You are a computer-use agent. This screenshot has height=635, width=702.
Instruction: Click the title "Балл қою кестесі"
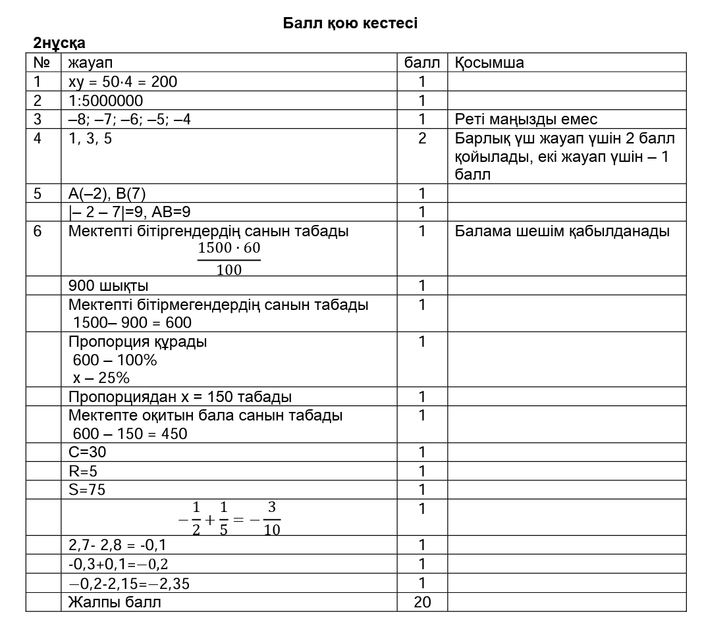[350, 24]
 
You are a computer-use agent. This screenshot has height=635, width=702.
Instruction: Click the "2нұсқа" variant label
[59, 43]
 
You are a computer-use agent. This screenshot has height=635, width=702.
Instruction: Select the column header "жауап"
[91, 63]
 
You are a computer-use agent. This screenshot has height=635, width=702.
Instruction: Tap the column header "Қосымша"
[489, 63]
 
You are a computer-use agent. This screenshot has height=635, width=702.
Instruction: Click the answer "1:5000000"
[105, 101]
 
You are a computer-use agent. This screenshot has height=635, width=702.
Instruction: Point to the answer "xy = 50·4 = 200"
[122, 82]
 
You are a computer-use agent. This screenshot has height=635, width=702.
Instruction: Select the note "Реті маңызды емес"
[526, 119]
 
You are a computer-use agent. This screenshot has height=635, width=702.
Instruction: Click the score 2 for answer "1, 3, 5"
[422, 138]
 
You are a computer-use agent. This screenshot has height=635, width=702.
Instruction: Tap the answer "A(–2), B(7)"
[107, 193]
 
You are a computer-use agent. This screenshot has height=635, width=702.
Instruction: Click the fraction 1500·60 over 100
[229, 259]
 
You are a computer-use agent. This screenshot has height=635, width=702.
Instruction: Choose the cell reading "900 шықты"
[108, 286]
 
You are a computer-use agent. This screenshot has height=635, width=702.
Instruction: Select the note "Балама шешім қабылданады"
[562, 231]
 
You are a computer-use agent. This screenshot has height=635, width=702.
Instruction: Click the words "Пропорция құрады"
[138, 342]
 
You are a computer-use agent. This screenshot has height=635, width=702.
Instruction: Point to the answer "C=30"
[87, 453]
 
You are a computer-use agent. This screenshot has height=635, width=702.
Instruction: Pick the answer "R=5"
[83, 471]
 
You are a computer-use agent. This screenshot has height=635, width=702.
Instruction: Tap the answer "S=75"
[87, 490]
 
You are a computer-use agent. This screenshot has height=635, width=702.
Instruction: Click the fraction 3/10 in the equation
[271, 519]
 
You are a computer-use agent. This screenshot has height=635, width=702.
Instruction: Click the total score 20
[422, 602]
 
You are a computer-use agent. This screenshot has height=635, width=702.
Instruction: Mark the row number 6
[37, 231]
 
